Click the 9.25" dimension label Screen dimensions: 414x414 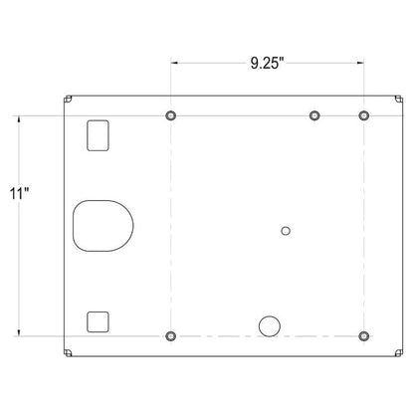click(267, 63)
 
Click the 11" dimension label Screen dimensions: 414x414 click(20, 194)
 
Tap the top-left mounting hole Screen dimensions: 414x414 click(170, 115)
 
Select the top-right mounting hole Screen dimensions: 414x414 click(364, 115)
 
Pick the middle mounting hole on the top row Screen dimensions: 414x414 click(314, 115)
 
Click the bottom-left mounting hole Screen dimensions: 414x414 click(170, 336)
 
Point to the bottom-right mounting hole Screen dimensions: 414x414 click(364, 336)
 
